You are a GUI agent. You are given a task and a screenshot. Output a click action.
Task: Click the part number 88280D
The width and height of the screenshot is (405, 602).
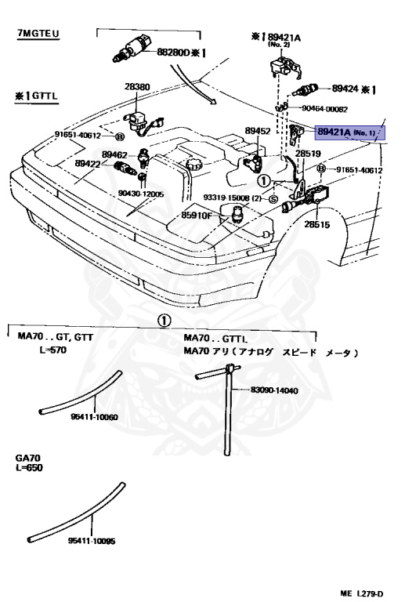click(173, 52)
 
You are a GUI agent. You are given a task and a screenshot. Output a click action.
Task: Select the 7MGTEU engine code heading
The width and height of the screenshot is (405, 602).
click(38, 34)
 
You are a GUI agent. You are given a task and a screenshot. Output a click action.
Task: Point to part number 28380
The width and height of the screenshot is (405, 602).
click(137, 87)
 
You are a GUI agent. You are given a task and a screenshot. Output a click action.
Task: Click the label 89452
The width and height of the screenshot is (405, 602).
click(258, 131)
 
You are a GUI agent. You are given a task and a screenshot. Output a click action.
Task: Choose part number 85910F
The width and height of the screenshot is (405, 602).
click(197, 216)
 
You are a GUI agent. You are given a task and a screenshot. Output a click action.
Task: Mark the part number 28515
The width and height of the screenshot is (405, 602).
click(316, 224)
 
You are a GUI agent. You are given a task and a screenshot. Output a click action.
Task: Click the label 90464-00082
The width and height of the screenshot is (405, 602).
click(324, 109)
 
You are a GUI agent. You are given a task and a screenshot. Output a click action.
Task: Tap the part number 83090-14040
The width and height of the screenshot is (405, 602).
click(274, 390)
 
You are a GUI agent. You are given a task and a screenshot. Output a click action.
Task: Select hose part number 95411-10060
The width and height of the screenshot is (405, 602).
click(94, 417)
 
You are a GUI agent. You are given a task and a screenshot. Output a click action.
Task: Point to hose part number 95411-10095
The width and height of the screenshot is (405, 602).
click(92, 541)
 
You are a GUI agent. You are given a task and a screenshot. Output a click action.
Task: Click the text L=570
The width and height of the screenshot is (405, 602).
click(53, 350)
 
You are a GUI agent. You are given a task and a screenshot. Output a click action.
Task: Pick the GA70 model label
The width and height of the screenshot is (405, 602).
click(28, 458)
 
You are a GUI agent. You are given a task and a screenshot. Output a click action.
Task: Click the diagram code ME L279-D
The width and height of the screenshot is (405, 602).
click(361, 593)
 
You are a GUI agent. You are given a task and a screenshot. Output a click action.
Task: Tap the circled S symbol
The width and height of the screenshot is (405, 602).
click(273, 199)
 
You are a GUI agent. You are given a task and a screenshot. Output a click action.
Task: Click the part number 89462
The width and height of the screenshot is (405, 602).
click(114, 154)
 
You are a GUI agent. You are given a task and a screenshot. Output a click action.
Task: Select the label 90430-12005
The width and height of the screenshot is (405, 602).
click(141, 194)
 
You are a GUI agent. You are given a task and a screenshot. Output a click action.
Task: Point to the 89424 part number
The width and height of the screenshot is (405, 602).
click(345, 89)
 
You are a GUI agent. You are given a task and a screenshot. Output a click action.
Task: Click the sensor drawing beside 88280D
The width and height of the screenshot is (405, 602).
click(132, 49)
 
